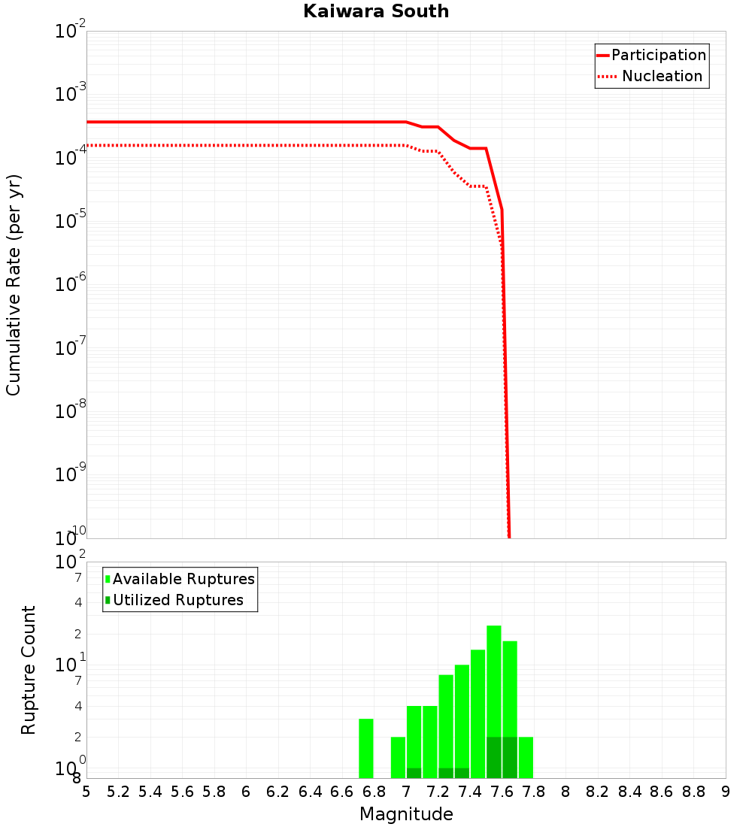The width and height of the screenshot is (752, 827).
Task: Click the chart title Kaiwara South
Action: [x=376, y=11]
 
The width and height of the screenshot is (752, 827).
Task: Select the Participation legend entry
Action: [x=659, y=55]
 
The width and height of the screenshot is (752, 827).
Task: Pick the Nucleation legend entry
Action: [x=662, y=76]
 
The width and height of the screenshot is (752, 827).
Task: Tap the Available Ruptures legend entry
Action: [x=183, y=579]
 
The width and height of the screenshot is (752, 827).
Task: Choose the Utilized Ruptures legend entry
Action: [x=178, y=600]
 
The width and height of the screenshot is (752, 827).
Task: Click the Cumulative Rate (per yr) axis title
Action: [x=14, y=284]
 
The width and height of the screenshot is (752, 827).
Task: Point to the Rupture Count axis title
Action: [x=29, y=670]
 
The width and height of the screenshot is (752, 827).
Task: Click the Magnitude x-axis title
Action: [x=406, y=814]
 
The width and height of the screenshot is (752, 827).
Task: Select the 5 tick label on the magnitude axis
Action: [x=86, y=792]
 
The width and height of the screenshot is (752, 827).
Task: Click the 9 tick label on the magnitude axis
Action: [x=726, y=792]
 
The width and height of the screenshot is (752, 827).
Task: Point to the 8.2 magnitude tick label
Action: [x=598, y=792]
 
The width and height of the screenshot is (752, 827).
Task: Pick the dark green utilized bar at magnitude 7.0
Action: [x=414, y=773]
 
